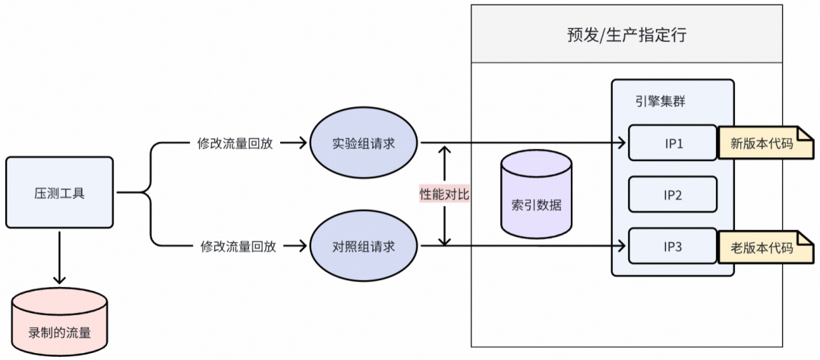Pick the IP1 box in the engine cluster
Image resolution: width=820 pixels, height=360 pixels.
[x=672, y=143]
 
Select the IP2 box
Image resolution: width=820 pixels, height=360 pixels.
[x=672, y=194]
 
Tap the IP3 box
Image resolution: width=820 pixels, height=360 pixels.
[x=672, y=246]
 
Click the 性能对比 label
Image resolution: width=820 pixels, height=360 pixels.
[x=445, y=194]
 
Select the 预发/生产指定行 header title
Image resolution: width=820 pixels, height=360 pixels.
[x=626, y=36]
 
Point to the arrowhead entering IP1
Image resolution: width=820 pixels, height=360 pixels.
[x=622, y=143]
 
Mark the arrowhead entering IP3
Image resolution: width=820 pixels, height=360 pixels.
[x=622, y=246]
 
